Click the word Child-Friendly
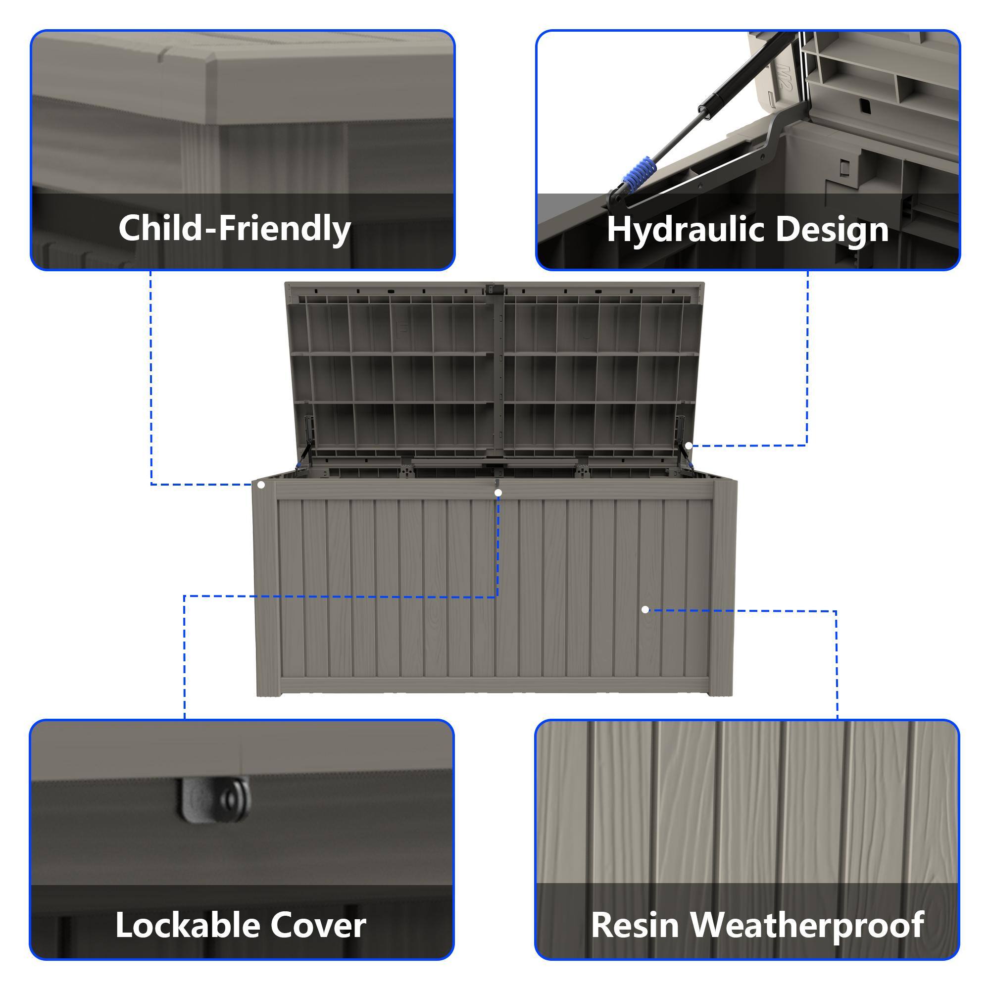click(x=235, y=229)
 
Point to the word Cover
click(x=318, y=925)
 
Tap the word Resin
click(x=635, y=925)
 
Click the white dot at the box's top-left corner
click(x=261, y=485)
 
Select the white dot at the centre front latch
click(x=498, y=493)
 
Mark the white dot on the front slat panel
click(x=645, y=609)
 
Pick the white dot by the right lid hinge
click(x=689, y=445)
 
